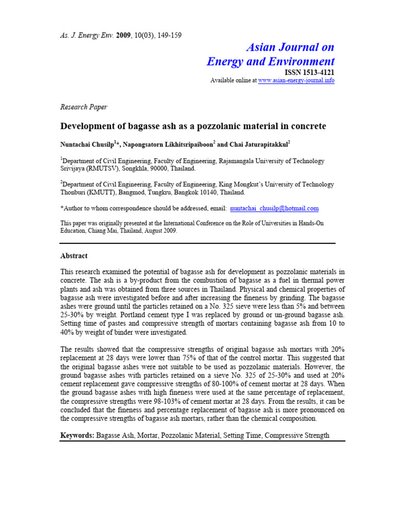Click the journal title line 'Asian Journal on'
(290, 47)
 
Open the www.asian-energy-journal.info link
(296, 81)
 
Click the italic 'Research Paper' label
(84, 107)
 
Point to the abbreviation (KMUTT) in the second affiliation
(103, 193)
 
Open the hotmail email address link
(275, 209)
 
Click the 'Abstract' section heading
(74, 256)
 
